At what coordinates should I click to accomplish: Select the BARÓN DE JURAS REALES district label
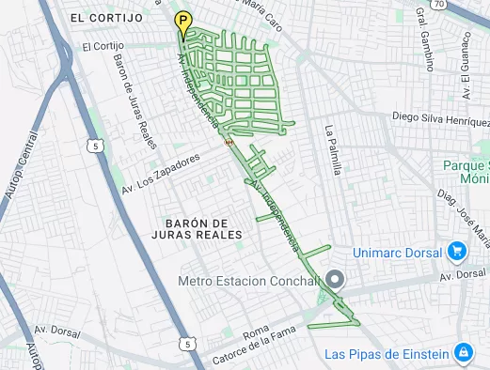(190, 228)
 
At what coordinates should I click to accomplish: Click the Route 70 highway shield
(439, 6)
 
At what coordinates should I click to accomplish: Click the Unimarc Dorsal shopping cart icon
(457, 251)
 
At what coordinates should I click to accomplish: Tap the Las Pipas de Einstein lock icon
(462, 353)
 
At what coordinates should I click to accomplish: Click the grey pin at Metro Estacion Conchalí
(335, 279)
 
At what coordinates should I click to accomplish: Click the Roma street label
(255, 332)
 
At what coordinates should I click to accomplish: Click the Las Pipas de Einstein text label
(385, 354)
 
